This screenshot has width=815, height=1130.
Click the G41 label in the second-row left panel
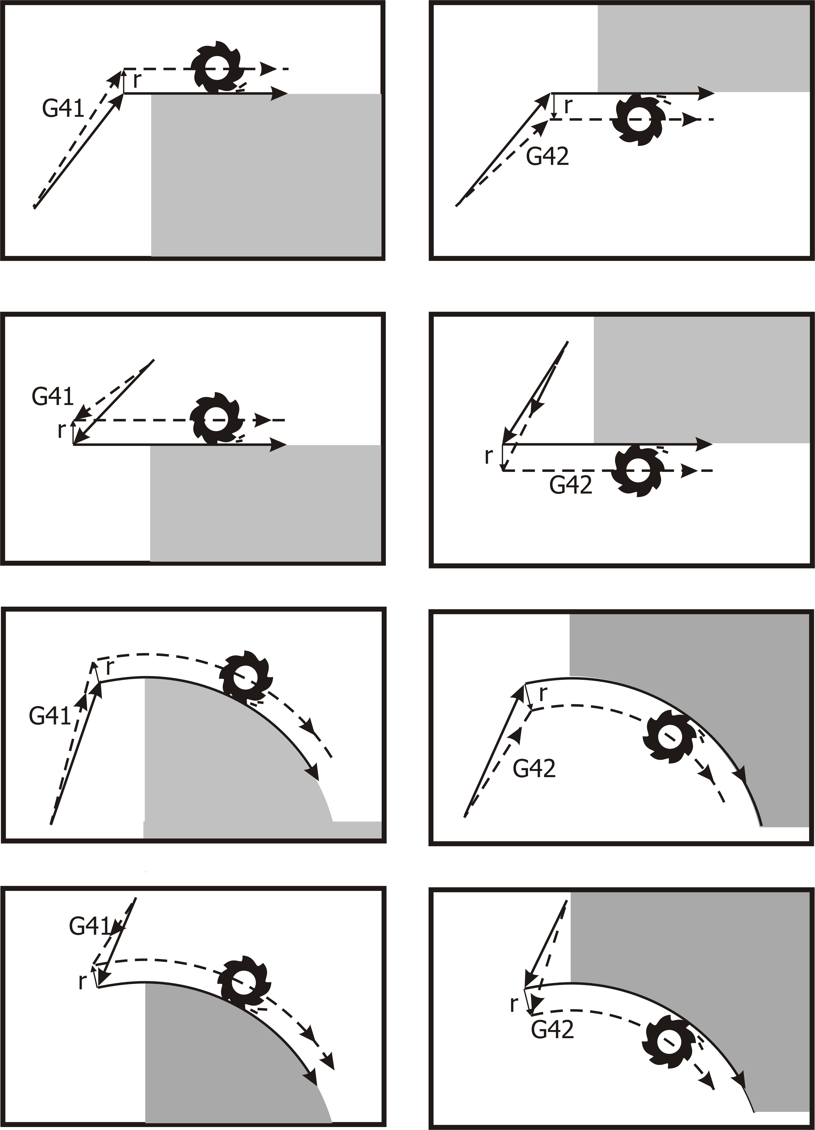53,397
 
